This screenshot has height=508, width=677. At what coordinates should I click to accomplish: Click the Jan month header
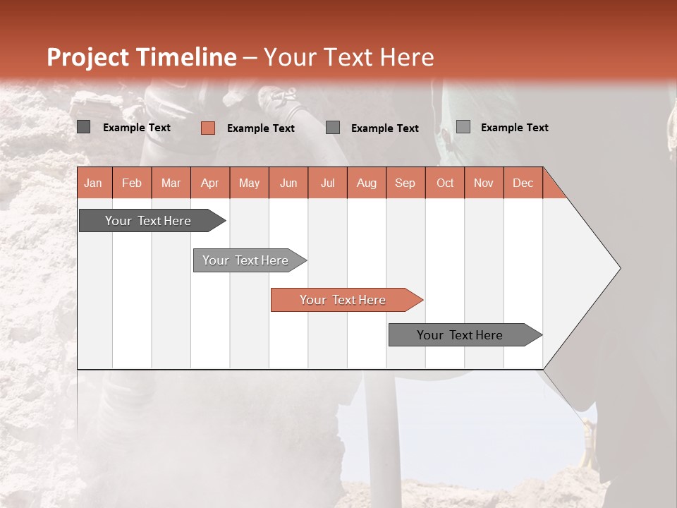(x=94, y=183)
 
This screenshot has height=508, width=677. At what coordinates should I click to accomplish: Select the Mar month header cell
(x=171, y=183)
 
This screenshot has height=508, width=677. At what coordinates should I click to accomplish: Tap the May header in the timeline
(x=249, y=183)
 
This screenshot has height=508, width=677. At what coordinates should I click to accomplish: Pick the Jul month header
(x=327, y=183)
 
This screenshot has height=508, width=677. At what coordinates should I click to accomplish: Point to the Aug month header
(x=366, y=183)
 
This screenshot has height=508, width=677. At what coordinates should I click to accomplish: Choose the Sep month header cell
(x=405, y=183)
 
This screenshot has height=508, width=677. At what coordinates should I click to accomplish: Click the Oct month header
(x=445, y=183)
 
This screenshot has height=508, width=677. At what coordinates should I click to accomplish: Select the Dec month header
(x=523, y=183)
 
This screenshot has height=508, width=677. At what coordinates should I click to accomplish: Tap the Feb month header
(x=132, y=183)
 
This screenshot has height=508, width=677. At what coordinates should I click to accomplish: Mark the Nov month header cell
(x=484, y=183)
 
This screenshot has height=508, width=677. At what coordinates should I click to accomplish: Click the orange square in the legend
(x=207, y=128)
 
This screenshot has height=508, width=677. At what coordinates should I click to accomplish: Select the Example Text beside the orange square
(x=260, y=128)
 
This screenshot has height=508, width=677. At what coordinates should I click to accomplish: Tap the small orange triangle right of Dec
(x=552, y=188)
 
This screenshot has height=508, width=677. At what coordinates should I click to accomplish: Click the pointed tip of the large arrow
(x=618, y=268)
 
